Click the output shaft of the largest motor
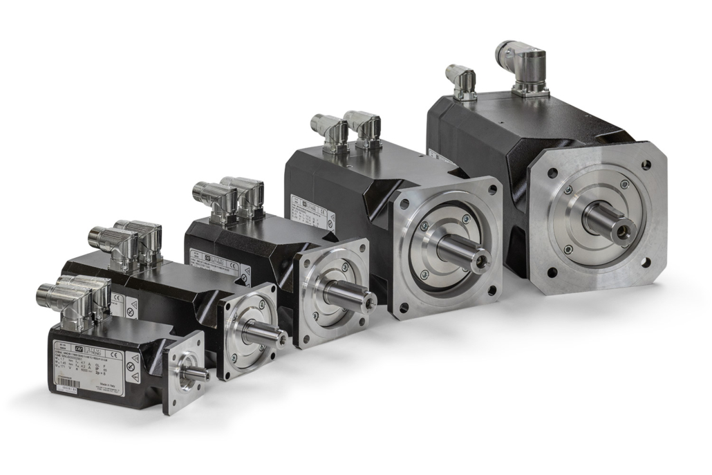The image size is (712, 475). pyautogui.click(x=608, y=221)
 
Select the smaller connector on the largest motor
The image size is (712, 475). pyautogui.click(x=462, y=82)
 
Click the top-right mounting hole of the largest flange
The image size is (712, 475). pyautogui.click(x=646, y=165)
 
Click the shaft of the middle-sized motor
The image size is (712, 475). pyautogui.click(x=350, y=294)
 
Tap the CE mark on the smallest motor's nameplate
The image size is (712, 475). pyautogui.click(x=115, y=355)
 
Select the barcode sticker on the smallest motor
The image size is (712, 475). pyautogui.click(x=66, y=399)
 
